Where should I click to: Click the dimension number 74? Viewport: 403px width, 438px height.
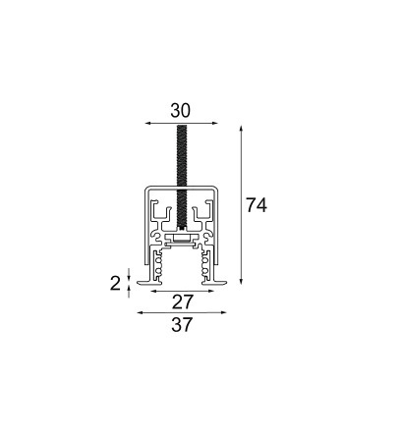257,205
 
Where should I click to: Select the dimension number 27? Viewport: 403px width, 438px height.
182,301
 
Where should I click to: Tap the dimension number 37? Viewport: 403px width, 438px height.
182,324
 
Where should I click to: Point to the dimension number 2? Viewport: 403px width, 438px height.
116,284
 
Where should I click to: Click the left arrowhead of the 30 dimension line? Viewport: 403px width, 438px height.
148,124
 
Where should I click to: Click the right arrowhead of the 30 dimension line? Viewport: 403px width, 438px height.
215,124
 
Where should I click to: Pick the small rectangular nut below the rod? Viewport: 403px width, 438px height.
182,237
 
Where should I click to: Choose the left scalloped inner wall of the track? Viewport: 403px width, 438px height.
159,265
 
